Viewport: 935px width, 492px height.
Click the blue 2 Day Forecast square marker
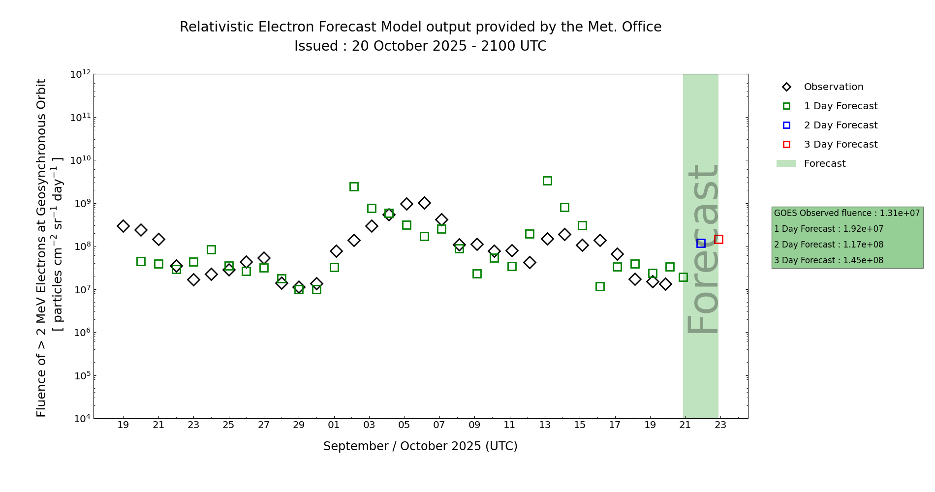click(x=701, y=243)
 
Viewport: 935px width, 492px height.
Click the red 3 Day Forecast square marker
click(x=718, y=239)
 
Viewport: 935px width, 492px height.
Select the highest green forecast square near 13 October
click(x=547, y=181)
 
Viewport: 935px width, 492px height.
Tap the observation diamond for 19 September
click(x=123, y=226)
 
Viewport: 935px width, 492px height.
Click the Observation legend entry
click(x=833, y=87)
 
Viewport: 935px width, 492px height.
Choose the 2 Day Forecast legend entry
click(x=840, y=125)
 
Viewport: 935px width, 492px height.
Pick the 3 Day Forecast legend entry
click(x=840, y=145)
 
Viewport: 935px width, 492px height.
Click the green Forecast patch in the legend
click(x=786, y=163)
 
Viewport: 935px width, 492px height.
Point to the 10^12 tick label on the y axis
click(x=80, y=74)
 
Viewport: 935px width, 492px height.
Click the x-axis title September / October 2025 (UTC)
click(x=420, y=446)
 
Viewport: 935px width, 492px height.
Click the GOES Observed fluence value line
click(x=847, y=213)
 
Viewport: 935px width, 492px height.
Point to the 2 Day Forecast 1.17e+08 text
click(x=829, y=245)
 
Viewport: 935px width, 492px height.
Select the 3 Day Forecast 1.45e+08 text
click(x=829, y=260)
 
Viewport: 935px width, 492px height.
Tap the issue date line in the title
click(x=420, y=46)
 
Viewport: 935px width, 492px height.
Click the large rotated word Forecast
click(x=702, y=248)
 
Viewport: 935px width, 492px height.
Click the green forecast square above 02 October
click(x=354, y=186)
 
